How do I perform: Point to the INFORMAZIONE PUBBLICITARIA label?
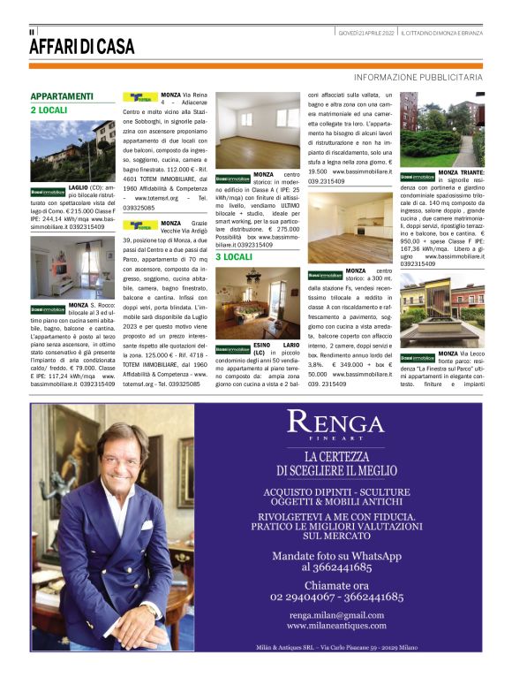[418, 78]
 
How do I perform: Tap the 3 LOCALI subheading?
[234, 256]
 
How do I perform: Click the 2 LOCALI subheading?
[49, 110]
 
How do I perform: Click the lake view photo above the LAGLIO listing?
[72, 150]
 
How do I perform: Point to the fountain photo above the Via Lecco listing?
[442, 308]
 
